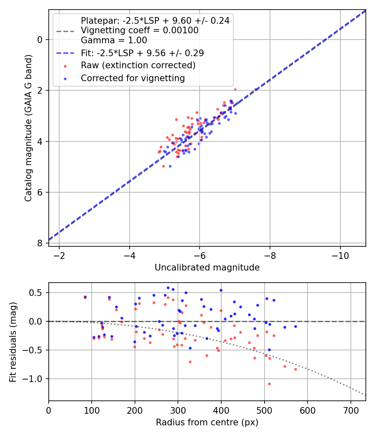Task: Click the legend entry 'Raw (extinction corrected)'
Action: [x=138, y=65]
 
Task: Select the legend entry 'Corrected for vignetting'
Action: [x=133, y=78]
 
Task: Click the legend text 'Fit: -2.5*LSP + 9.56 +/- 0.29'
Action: [x=142, y=53]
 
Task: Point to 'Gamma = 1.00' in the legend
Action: [x=114, y=40]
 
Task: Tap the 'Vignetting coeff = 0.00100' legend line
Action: [x=140, y=30]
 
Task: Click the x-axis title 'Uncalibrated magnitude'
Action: [x=207, y=268]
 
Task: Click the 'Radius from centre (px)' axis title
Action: [x=207, y=422]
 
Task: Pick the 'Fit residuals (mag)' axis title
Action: [x=13, y=341]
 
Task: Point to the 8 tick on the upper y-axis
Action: [x=40, y=243]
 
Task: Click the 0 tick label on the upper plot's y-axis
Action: [x=40, y=40]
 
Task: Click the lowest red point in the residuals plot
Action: [x=269, y=384]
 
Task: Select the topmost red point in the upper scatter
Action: [x=235, y=89]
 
